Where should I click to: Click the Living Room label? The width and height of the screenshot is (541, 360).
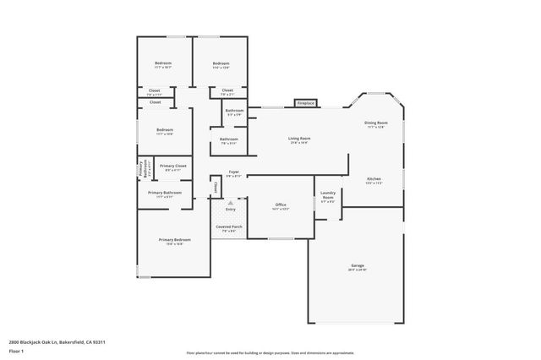point(298,139)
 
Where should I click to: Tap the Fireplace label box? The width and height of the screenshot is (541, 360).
point(304,103)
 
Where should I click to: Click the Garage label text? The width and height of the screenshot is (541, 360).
point(358,267)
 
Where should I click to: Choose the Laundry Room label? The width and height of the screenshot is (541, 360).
point(329,198)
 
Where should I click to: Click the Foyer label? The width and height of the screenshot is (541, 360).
point(233,173)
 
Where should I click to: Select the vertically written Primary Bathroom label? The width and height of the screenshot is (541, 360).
point(144,169)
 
